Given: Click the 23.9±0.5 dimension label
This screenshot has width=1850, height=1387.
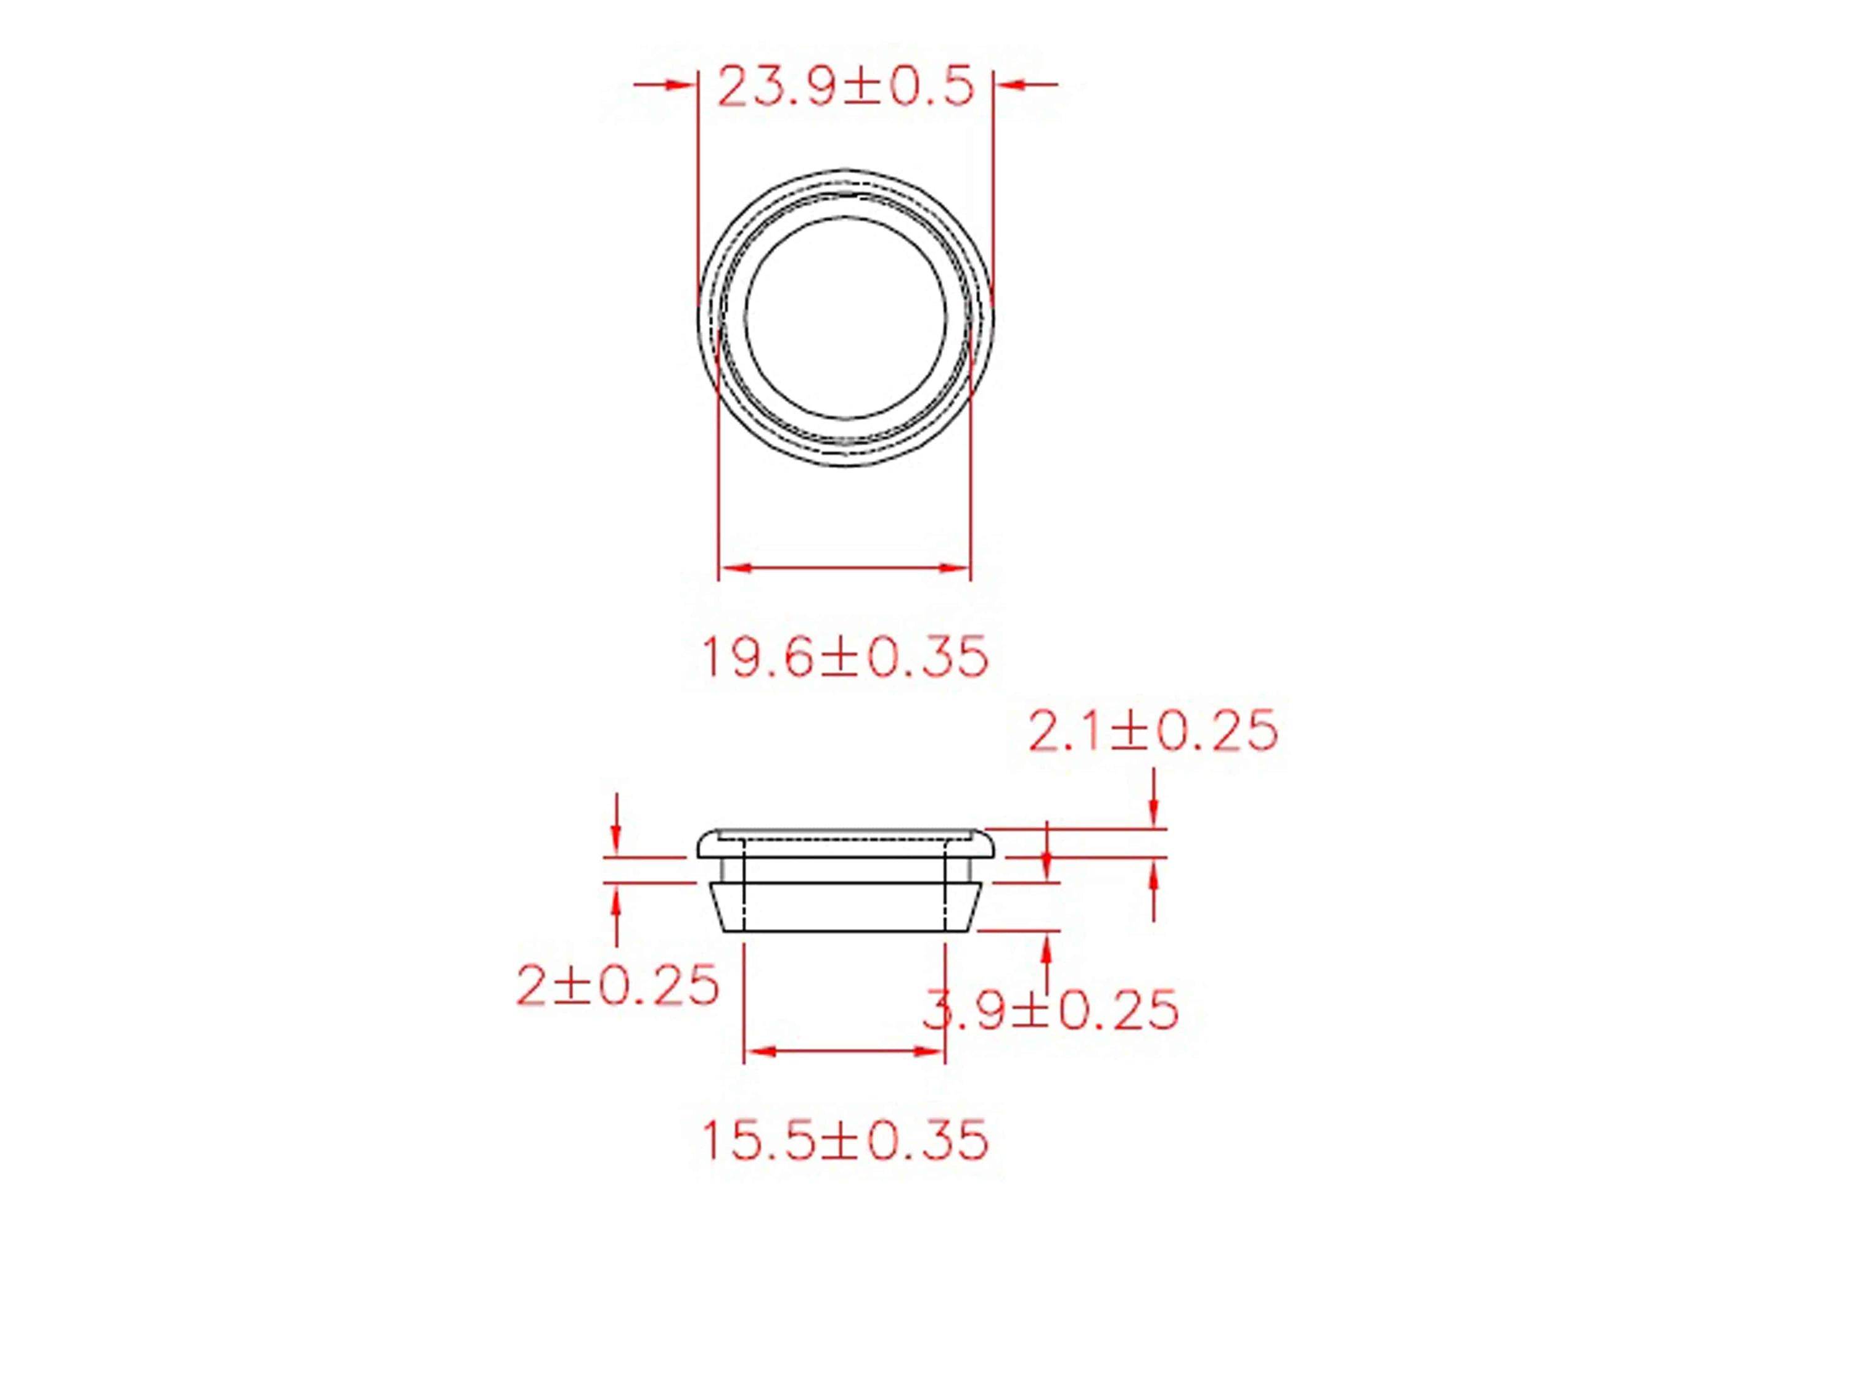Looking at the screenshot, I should point(845,87).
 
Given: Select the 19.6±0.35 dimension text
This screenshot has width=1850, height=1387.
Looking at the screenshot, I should point(845,657).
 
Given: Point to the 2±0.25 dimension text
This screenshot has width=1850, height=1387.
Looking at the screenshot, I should point(617,985).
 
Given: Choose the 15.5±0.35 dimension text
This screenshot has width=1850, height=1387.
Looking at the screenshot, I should point(845,1140).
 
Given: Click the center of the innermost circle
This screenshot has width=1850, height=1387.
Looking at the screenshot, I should point(845,317).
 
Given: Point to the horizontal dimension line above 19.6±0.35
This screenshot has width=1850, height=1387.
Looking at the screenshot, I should point(845,568).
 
